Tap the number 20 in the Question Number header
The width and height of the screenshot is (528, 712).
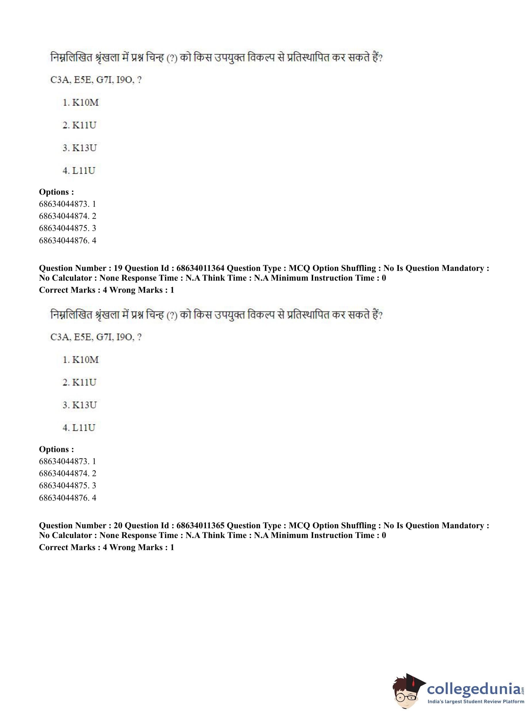pyautogui.click(x=118, y=525)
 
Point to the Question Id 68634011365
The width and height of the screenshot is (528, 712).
pyautogui.click(x=200, y=525)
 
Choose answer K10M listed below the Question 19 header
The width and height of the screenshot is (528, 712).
pyautogui.click(x=85, y=360)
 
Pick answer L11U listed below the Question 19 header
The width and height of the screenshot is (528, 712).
pyautogui.click(x=84, y=428)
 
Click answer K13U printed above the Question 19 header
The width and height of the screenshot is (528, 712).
pyautogui.click(x=84, y=148)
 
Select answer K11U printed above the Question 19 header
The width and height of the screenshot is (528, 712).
pyautogui.click(x=84, y=125)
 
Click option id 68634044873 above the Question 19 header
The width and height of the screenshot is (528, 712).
pyautogui.click(x=63, y=204)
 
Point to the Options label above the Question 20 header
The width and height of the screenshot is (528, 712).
pyautogui.click(x=56, y=449)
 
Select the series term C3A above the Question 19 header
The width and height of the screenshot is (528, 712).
pyautogui.click(x=60, y=80)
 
